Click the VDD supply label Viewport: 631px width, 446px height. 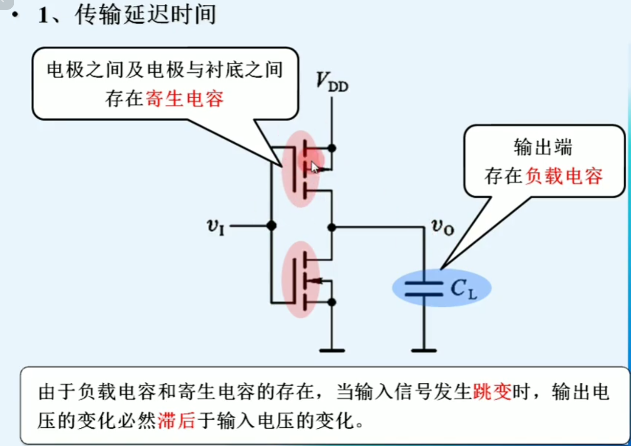pos(332,82)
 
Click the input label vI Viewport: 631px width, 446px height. pos(216,226)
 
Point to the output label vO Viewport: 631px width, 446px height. pos(443,226)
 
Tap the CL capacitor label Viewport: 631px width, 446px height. pos(464,289)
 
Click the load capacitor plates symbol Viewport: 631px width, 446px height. pos(424,289)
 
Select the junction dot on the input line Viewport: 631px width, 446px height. pos(271,225)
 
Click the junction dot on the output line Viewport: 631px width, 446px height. pos(332,227)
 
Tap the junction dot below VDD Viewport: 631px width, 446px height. pos(332,148)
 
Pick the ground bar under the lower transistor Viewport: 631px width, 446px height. pos(332,350)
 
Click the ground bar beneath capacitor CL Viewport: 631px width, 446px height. pos(424,350)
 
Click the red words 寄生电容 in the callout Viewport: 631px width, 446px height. pos(185,99)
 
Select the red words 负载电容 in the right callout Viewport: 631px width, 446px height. pos(564,176)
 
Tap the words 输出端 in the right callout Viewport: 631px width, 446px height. pos(543,148)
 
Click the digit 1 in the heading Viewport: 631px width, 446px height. pos(43,16)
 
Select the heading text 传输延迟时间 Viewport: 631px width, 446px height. pos(145,15)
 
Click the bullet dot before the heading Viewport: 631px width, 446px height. pos(16,15)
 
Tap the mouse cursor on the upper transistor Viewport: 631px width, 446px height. pos(315,167)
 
